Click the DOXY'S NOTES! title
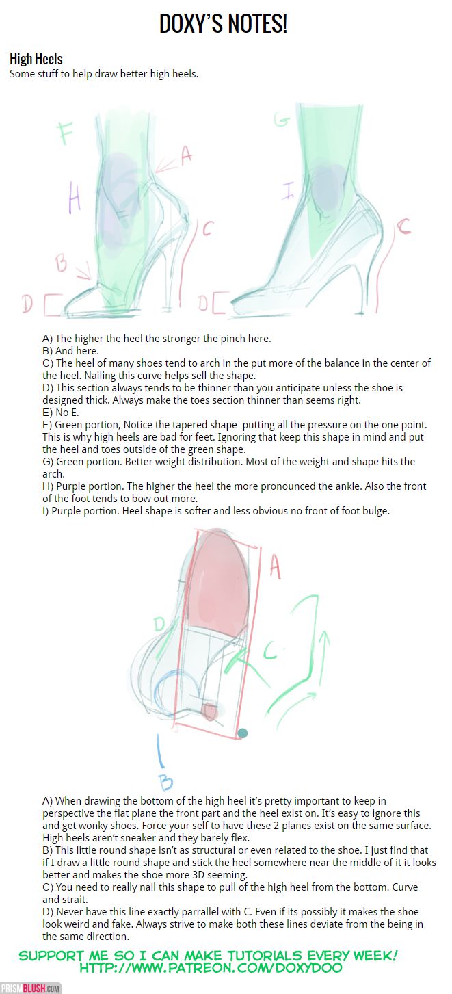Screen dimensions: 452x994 click(223, 25)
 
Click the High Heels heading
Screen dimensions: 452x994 click(36, 59)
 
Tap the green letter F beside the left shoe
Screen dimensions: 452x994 click(65, 133)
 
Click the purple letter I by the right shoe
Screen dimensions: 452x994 click(288, 190)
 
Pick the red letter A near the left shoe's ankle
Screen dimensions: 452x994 click(186, 155)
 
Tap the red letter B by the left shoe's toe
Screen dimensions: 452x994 click(61, 263)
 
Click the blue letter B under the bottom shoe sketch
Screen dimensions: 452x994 click(165, 783)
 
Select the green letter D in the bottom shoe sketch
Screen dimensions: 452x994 click(159, 624)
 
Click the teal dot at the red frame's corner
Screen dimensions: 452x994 click(242, 733)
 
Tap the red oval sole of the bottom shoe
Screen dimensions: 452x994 click(220, 580)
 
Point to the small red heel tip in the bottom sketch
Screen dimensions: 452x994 click(209, 711)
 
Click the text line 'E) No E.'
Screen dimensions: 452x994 click(61, 413)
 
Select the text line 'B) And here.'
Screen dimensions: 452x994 click(70, 350)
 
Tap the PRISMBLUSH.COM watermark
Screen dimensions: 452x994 click(30, 989)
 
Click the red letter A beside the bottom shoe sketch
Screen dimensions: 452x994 click(275, 568)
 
